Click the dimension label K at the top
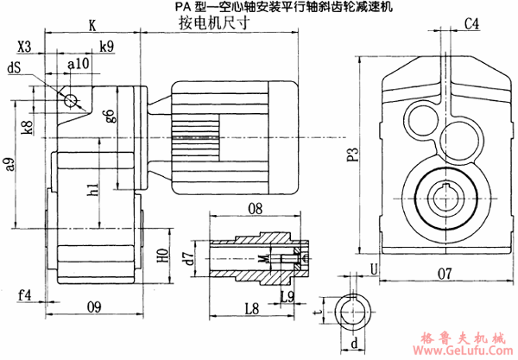coord(92,25)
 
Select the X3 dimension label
coord(25,47)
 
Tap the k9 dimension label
coord(106,47)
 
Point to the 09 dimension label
coord(95,305)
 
